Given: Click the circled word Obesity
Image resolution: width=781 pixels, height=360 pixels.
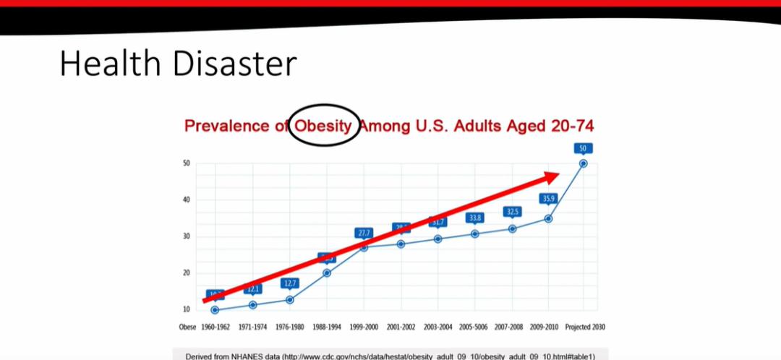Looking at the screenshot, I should [x=323, y=126].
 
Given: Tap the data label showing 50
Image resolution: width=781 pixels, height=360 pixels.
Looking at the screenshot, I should [x=584, y=148].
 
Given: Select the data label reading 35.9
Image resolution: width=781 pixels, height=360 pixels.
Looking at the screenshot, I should [x=548, y=199].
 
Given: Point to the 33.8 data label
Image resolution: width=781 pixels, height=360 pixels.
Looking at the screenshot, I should [x=474, y=218].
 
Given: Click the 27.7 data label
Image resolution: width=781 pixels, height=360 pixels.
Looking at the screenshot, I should [x=364, y=233].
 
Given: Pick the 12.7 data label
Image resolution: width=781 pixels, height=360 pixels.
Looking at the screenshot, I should [x=290, y=283].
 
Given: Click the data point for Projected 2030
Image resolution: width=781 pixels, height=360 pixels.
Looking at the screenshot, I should [x=584, y=163].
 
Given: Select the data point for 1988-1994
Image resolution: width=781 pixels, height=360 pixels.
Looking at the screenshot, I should [x=327, y=273].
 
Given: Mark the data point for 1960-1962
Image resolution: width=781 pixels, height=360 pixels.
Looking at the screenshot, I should [x=215, y=310].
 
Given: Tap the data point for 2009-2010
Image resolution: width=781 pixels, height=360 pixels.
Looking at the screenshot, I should [x=548, y=218].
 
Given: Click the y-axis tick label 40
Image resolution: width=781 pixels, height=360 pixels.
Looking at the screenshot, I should [x=187, y=200].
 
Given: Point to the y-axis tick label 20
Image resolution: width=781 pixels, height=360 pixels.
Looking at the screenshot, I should [x=187, y=273].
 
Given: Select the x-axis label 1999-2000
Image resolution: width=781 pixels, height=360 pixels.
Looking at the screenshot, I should [x=363, y=327].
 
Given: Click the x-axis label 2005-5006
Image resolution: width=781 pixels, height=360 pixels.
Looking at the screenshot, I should [x=474, y=327].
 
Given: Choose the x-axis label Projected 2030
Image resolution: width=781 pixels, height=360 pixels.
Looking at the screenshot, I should [x=584, y=327].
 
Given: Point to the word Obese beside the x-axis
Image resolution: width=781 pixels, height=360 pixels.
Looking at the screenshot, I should [x=187, y=327].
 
